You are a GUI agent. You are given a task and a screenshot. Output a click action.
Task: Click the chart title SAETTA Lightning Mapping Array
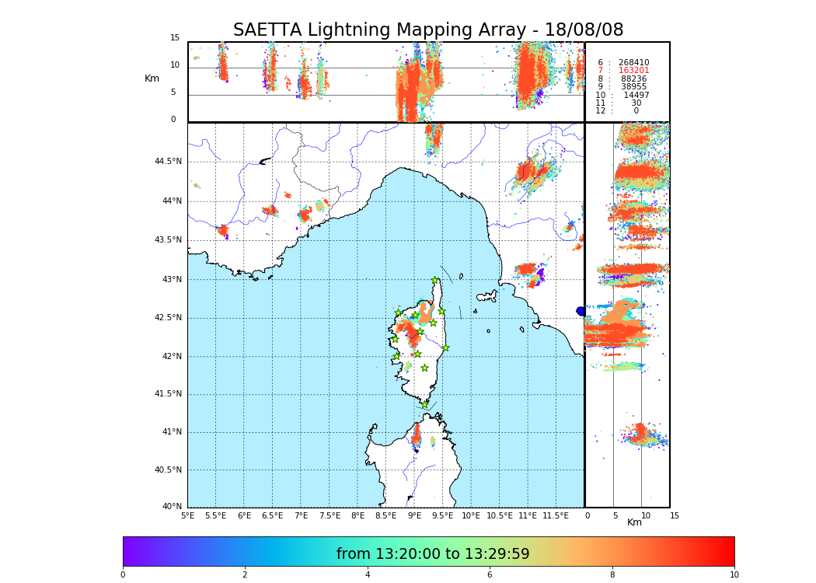coord(428,30)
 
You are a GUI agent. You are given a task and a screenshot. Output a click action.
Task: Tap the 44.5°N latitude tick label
coord(167,162)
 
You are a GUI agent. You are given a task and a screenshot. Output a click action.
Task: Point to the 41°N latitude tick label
coord(170,432)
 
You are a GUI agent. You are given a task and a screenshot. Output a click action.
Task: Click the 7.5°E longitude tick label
coord(330,515)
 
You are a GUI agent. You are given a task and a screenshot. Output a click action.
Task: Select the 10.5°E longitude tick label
coord(499,515)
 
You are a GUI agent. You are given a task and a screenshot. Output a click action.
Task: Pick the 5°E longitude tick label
coord(187,515)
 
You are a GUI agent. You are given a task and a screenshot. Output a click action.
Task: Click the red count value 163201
coord(633,71)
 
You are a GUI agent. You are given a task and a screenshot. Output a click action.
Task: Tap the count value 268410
coord(633,63)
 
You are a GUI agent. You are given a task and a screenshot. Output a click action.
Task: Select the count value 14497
coord(636,95)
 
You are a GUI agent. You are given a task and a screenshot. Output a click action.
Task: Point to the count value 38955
coord(633,87)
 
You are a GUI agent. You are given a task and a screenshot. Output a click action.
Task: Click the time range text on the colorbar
coord(433,554)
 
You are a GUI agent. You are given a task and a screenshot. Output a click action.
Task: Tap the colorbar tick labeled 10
coord(734,575)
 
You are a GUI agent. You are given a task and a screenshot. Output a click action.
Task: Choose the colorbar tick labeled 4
coord(368,575)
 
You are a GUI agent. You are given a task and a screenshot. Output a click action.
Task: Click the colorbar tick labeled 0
coord(123,575)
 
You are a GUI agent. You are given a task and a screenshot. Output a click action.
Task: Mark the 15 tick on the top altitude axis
coord(175,38)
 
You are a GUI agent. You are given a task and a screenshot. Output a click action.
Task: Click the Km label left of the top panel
coord(152,79)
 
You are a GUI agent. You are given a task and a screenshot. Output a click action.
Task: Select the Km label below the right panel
coord(634,522)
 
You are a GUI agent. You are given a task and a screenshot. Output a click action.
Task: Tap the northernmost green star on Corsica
coord(434,281)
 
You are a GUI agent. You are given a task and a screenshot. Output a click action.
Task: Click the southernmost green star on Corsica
coord(424,404)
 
